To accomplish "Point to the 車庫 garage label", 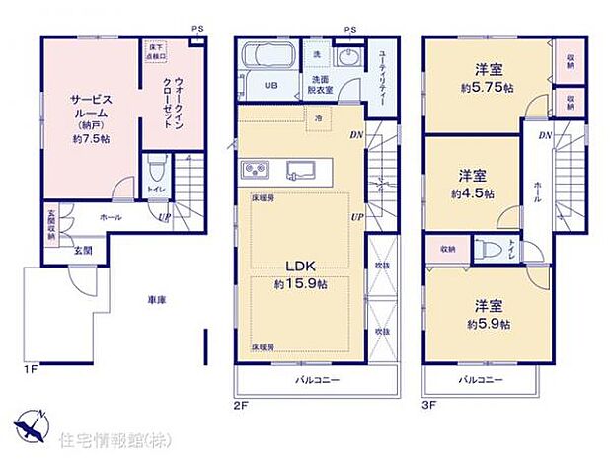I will [x=158, y=299].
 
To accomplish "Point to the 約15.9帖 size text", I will [x=300, y=284].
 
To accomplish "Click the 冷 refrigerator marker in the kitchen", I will [x=318, y=118].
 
